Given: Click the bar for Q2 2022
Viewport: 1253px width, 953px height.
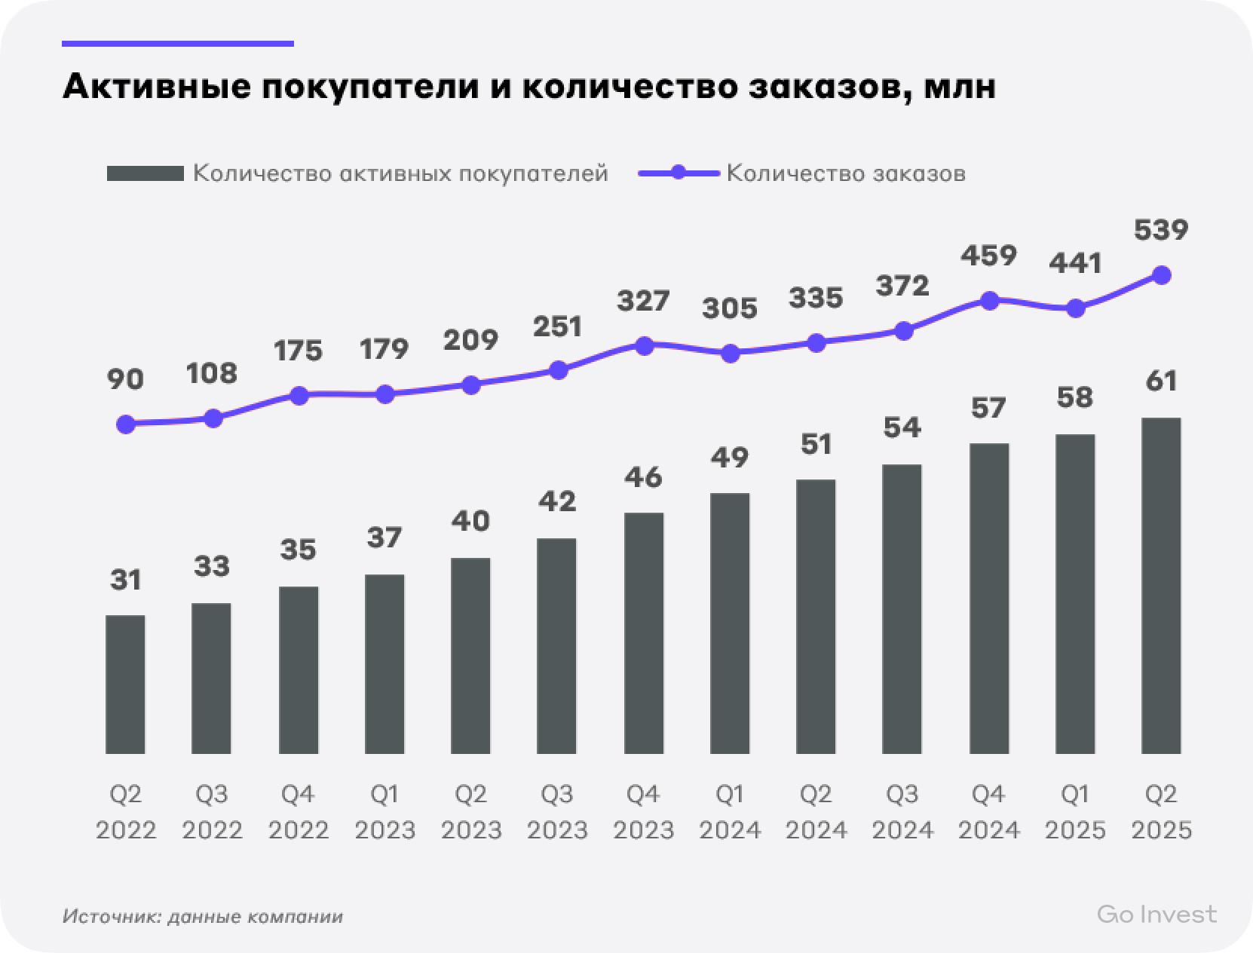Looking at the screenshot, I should pyautogui.click(x=125, y=685).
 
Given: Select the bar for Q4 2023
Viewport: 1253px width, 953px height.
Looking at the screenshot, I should pyautogui.click(x=644, y=633).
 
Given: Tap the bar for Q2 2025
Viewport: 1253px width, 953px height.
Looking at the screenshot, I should pyautogui.click(x=1162, y=586).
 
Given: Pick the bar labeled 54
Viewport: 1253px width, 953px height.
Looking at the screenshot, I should pyautogui.click(x=902, y=609).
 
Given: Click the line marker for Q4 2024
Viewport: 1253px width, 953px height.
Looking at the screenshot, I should pyautogui.click(x=989, y=300).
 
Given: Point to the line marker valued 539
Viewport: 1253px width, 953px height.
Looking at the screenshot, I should pyautogui.click(x=1162, y=275).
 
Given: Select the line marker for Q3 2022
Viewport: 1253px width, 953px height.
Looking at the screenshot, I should pyautogui.click(x=213, y=418).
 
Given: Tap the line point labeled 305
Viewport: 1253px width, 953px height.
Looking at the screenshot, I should pyautogui.click(x=730, y=353).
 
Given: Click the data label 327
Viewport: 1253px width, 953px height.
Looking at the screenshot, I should pyautogui.click(x=643, y=301).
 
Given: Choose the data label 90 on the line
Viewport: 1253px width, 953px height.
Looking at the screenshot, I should pyautogui.click(x=125, y=379).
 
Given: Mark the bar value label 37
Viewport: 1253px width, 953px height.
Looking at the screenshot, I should pyautogui.click(x=384, y=538).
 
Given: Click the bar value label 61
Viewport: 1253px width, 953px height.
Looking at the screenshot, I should pyautogui.click(x=1161, y=381).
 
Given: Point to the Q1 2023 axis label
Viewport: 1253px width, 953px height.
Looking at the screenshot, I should pyautogui.click(x=385, y=812).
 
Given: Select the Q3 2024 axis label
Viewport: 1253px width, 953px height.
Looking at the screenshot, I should pyautogui.click(x=902, y=812).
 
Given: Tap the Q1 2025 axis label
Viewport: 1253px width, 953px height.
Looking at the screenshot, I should pyautogui.click(x=1075, y=812).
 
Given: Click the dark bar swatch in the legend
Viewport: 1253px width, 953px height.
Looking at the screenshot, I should pyautogui.click(x=145, y=174).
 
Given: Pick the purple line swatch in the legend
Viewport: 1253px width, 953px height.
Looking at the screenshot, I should pyautogui.click(x=678, y=173).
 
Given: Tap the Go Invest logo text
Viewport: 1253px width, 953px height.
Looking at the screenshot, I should pyautogui.click(x=1156, y=915).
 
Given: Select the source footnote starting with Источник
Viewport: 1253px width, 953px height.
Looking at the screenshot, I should pyautogui.click(x=203, y=917).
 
